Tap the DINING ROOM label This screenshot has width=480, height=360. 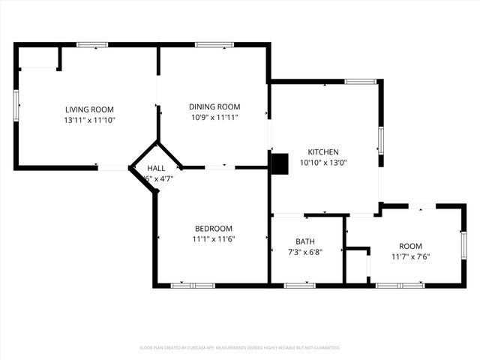pos(214,107)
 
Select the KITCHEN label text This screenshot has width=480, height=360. pos(323,151)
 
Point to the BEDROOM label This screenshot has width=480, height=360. pos(214,229)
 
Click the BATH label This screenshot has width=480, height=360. pos(305,241)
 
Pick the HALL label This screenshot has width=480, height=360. pos(156,169)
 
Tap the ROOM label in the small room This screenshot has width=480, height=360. pos(410,246)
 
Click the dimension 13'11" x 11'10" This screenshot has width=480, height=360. pos(89,119)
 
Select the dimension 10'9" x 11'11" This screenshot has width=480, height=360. pos(214,118)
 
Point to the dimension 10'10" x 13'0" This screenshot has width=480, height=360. pos(323,162)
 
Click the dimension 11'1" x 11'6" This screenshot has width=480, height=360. pos(214,239)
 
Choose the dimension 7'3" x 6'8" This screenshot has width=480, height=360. pos(305,252)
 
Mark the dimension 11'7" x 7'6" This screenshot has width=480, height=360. pos(410,256)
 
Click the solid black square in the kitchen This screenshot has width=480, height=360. pos(279,163)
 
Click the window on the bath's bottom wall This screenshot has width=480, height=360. pos(300,285)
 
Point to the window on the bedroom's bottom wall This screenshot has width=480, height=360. pos(193,285)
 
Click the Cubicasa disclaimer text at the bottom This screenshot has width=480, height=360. pos(240,348)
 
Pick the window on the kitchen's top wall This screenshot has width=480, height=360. pos(360,81)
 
